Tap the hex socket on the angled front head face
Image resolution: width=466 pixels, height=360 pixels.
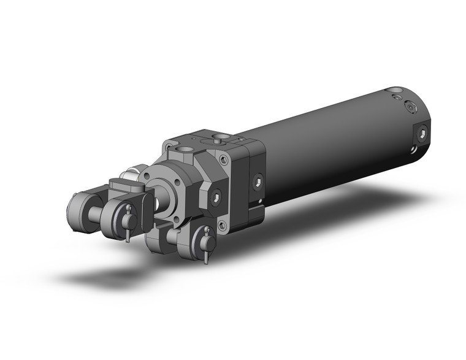tap(215, 196)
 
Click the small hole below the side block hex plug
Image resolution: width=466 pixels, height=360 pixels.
tap(260, 199)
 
